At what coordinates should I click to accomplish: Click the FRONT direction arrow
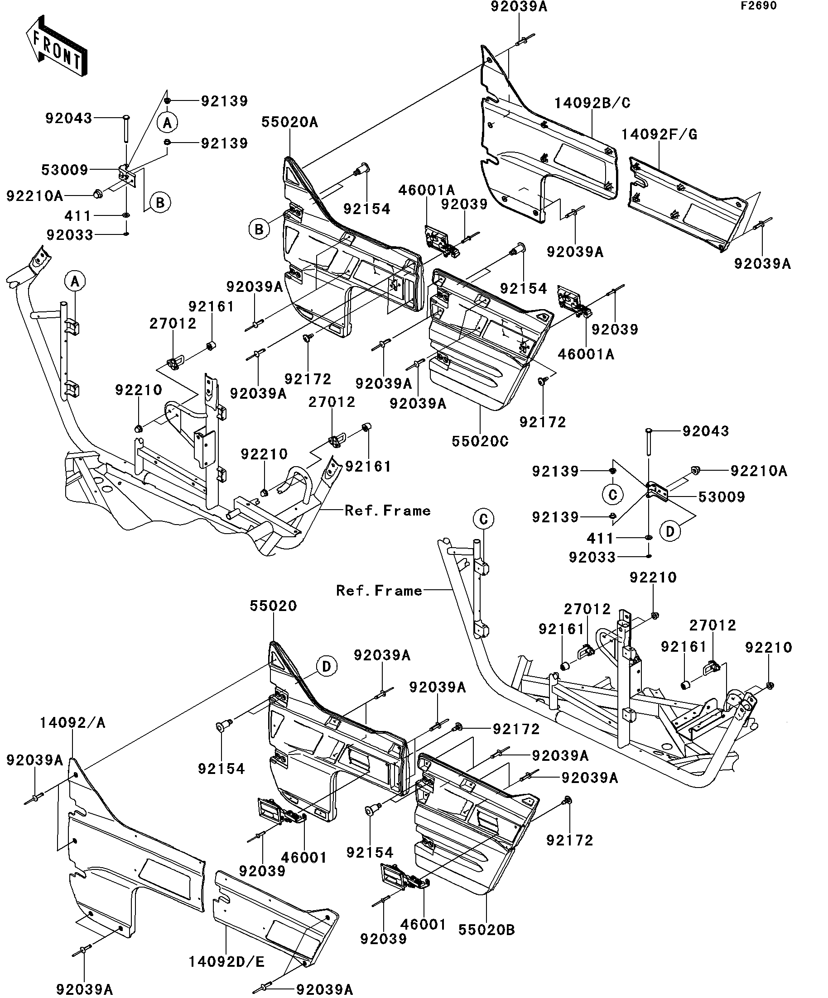pos(56,47)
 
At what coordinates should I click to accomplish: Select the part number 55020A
pos(289,123)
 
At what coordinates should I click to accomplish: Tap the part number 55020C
pos(480,441)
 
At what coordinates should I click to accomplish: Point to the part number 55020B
pos(486,930)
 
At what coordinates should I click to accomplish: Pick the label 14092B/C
pos(592,103)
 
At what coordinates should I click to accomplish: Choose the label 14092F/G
pos(659,135)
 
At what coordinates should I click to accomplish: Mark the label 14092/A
pos(72,723)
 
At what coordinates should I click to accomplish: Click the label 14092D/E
pos(226,962)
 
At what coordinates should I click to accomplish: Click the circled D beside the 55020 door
pos(327,666)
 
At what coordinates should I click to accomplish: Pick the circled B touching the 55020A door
pos(259,229)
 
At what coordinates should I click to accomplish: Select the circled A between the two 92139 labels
pos(168,123)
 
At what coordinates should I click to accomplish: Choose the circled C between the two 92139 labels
pos(612,495)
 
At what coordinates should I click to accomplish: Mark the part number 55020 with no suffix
pos(273,606)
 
